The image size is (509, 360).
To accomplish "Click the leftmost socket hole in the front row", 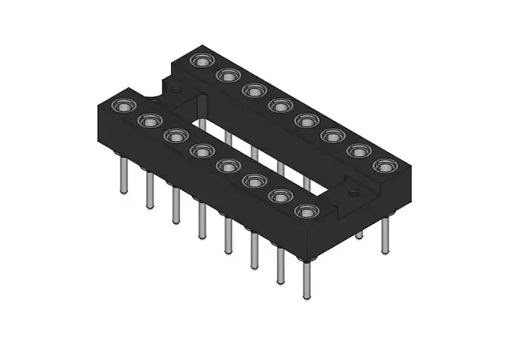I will tap(122, 105).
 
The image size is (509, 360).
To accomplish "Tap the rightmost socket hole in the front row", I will tap(306, 211).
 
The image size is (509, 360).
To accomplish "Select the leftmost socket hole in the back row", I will tap(201, 60).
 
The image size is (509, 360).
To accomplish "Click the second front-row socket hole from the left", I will tap(149, 121).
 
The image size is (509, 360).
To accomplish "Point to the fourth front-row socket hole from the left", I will tap(201, 151).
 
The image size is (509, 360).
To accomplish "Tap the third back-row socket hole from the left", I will tap(254, 90).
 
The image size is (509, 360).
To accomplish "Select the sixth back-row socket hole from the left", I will tap(332, 136).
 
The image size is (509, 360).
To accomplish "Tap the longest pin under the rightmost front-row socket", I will tap(306, 279).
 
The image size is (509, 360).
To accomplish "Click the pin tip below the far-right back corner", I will tap(386, 249).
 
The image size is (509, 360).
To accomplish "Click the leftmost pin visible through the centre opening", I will tap(227, 136).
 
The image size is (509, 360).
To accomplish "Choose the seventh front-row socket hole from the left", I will tap(280, 197).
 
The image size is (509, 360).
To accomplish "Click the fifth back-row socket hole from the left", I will tap(306, 121).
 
